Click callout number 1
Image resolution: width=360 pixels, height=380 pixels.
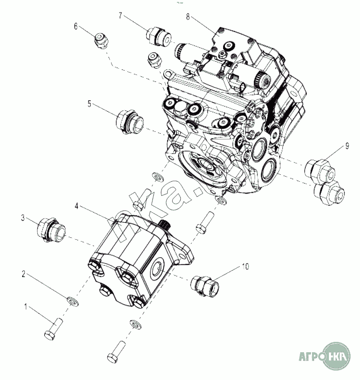coord(26,307)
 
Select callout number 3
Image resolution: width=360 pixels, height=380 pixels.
coord(22,218)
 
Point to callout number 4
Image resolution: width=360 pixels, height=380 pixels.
coord(77,206)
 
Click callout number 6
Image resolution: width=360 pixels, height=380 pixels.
coord(75,26)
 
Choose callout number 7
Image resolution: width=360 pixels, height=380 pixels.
coord(120,16)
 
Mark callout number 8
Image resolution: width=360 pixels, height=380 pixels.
coord(188,17)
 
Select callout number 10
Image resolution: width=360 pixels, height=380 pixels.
coord(245,267)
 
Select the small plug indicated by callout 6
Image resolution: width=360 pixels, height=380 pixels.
coord(100,40)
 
